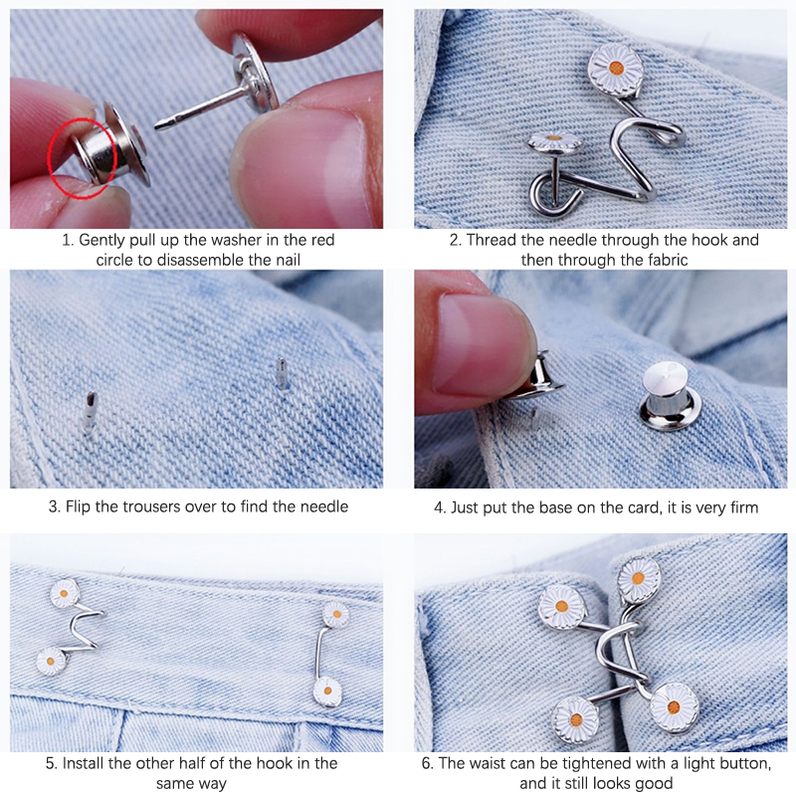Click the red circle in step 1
(x=48, y=157)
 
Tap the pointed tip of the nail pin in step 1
(x=156, y=125)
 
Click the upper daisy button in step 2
(x=616, y=69)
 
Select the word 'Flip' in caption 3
(x=78, y=506)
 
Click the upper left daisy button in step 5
(x=65, y=593)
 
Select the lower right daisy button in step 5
(x=327, y=692)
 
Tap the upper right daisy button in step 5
(x=336, y=615)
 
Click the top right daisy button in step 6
(x=639, y=579)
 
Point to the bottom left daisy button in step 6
(x=576, y=719)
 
